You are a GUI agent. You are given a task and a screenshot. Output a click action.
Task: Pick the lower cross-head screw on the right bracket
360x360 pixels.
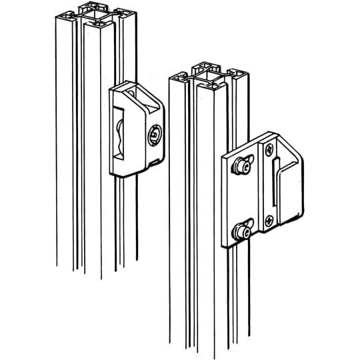[x=269, y=219]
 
